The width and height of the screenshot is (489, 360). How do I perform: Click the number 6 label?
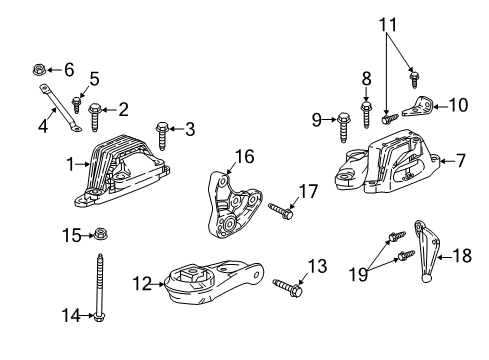coord(69,69)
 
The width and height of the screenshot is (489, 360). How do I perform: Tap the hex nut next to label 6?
coord(38,70)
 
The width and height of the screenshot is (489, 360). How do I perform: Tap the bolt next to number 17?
coord(280,209)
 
